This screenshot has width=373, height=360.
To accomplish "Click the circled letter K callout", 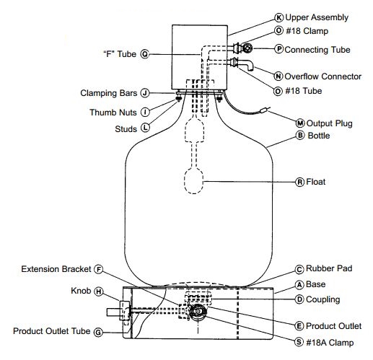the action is [x=278, y=17].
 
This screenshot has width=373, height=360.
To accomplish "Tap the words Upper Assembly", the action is [x=317, y=17].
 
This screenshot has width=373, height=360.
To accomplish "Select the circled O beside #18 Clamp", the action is [x=278, y=30].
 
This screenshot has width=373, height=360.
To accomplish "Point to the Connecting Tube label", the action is [x=317, y=50].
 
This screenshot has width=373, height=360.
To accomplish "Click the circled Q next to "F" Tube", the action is [x=145, y=54].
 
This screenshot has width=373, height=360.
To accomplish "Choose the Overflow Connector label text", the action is [x=322, y=76].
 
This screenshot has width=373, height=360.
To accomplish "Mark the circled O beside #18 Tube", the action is [x=278, y=91].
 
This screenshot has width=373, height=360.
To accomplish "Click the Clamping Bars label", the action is [x=109, y=93].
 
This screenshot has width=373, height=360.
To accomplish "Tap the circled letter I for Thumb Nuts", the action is [x=145, y=112].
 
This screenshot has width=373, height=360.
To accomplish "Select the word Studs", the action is [x=126, y=129].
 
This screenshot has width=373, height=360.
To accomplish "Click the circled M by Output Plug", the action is [x=300, y=123].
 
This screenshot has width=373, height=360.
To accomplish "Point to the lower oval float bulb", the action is [x=193, y=181].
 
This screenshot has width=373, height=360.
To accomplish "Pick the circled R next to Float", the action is [x=299, y=182].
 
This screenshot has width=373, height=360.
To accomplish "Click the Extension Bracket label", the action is [x=56, y=269].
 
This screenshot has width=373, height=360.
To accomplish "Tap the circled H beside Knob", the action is [x=98, y=291].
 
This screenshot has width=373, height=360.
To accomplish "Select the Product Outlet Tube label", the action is [x=51, y=331].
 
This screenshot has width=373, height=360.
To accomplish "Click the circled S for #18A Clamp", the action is [x=299, y=342].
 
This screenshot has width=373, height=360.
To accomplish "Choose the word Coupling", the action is [x=322, y=299].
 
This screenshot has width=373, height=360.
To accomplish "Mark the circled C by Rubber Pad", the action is [x=299, y=269].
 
